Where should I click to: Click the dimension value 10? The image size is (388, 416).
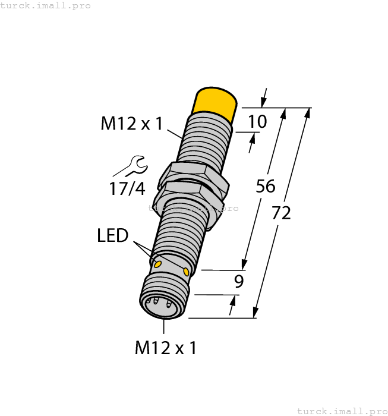[257, 122]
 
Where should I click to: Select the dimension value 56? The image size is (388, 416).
[266, 186]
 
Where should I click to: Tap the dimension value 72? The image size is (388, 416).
[281, 212]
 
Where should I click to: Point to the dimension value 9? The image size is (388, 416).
[238, 281]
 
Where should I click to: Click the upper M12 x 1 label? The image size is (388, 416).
[131, 124]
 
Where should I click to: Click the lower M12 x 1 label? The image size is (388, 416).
[165, 348]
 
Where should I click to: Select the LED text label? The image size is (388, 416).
[113, 236]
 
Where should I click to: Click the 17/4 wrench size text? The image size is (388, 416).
[127, 189]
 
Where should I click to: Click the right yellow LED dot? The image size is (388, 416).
[187, 272]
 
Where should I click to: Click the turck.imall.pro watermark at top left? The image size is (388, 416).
[46, 5]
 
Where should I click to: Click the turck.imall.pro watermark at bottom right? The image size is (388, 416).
[342, 411]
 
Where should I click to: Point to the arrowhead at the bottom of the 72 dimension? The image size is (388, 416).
[256, 313]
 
